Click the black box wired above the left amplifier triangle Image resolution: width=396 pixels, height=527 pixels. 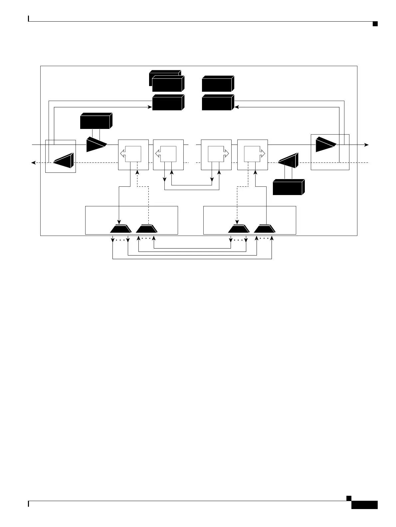(96, 121)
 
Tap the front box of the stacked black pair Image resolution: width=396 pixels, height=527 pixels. (167, 84)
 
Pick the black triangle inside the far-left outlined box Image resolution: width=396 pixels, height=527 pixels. (64, 160)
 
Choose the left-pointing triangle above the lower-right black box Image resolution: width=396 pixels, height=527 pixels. (288, 160)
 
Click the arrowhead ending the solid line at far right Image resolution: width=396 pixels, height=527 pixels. (367, 145)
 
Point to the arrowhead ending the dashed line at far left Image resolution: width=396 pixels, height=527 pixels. (33, 162)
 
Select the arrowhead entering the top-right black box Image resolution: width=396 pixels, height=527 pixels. (236, 107)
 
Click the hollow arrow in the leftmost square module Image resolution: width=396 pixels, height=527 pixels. (122, 154)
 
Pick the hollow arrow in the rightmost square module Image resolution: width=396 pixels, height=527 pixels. (263, 154)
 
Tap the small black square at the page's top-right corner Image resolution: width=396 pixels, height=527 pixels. (375, 24)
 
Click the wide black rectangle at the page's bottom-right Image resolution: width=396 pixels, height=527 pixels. (364, 505)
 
